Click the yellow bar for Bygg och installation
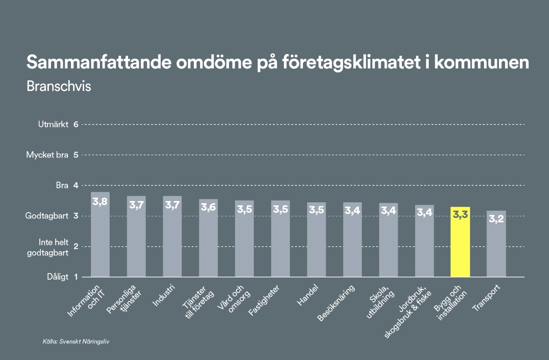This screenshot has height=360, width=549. click(460, 247)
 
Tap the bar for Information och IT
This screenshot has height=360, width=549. click(100, 238)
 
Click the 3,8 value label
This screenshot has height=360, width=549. click(100, 202)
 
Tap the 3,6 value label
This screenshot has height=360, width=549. click(208, 208)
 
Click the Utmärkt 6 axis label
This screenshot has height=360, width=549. click(58, 125)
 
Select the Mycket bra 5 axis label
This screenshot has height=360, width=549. click(52, 155)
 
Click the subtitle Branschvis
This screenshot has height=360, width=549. click(59, 86)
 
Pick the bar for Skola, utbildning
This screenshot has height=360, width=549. click(388, 242)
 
